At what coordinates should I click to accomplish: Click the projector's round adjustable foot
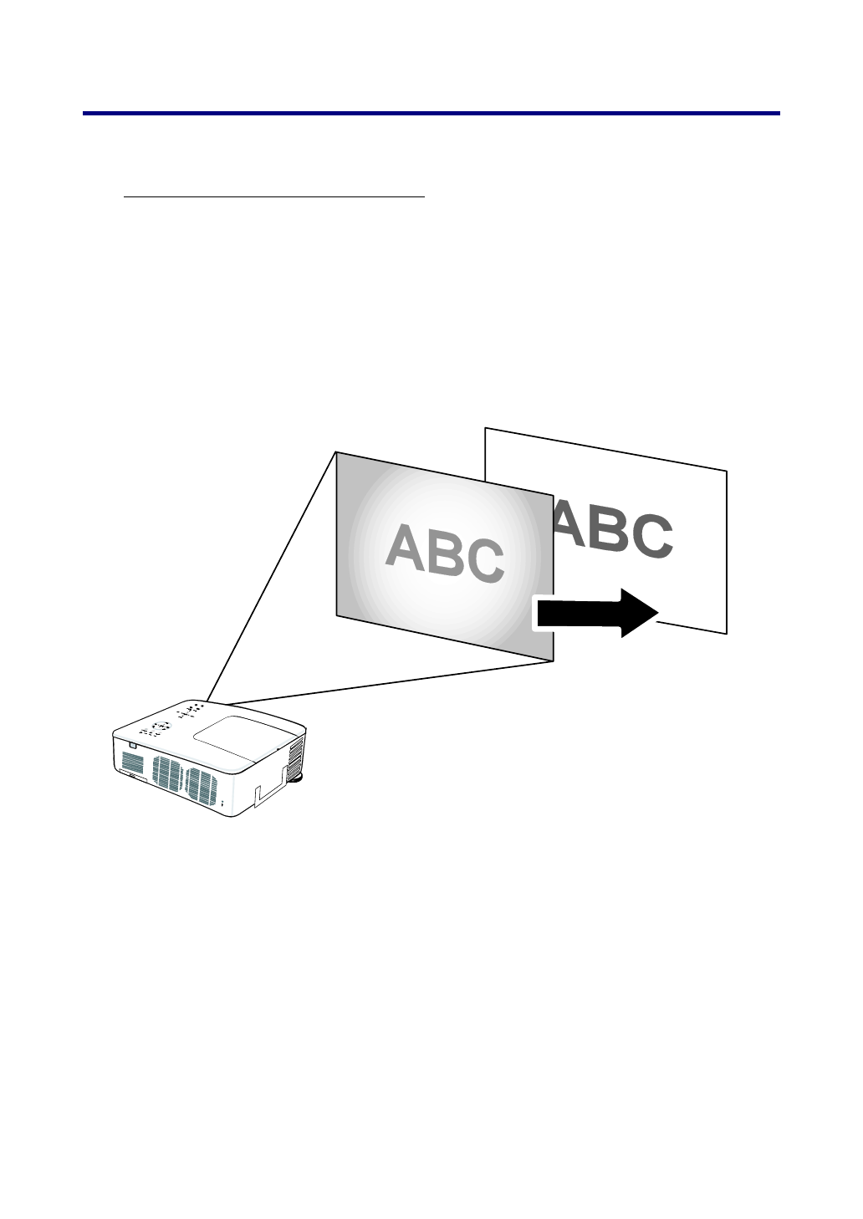click(x=296, y=778)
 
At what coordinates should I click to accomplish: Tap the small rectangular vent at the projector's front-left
click(x=132, y=762)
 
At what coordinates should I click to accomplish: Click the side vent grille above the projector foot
click(x=294, y=754)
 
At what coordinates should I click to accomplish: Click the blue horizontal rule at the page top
click(x=431, y=113)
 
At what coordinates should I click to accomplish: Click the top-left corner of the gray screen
click(x=337, y=452)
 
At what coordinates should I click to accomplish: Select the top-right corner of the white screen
click(x=726, y=472)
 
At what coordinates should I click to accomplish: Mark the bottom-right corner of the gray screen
click(x=553, y=661)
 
